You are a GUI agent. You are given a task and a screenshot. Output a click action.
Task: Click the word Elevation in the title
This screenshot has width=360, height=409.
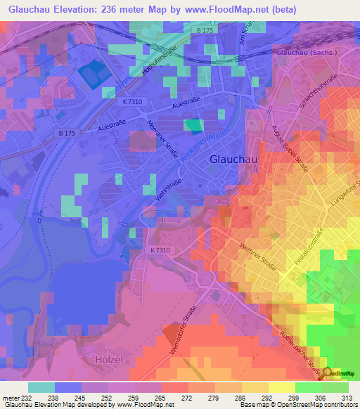tap(77, 9)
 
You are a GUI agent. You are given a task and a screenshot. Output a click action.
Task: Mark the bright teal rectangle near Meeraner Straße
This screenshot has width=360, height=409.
tap(192, 126)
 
